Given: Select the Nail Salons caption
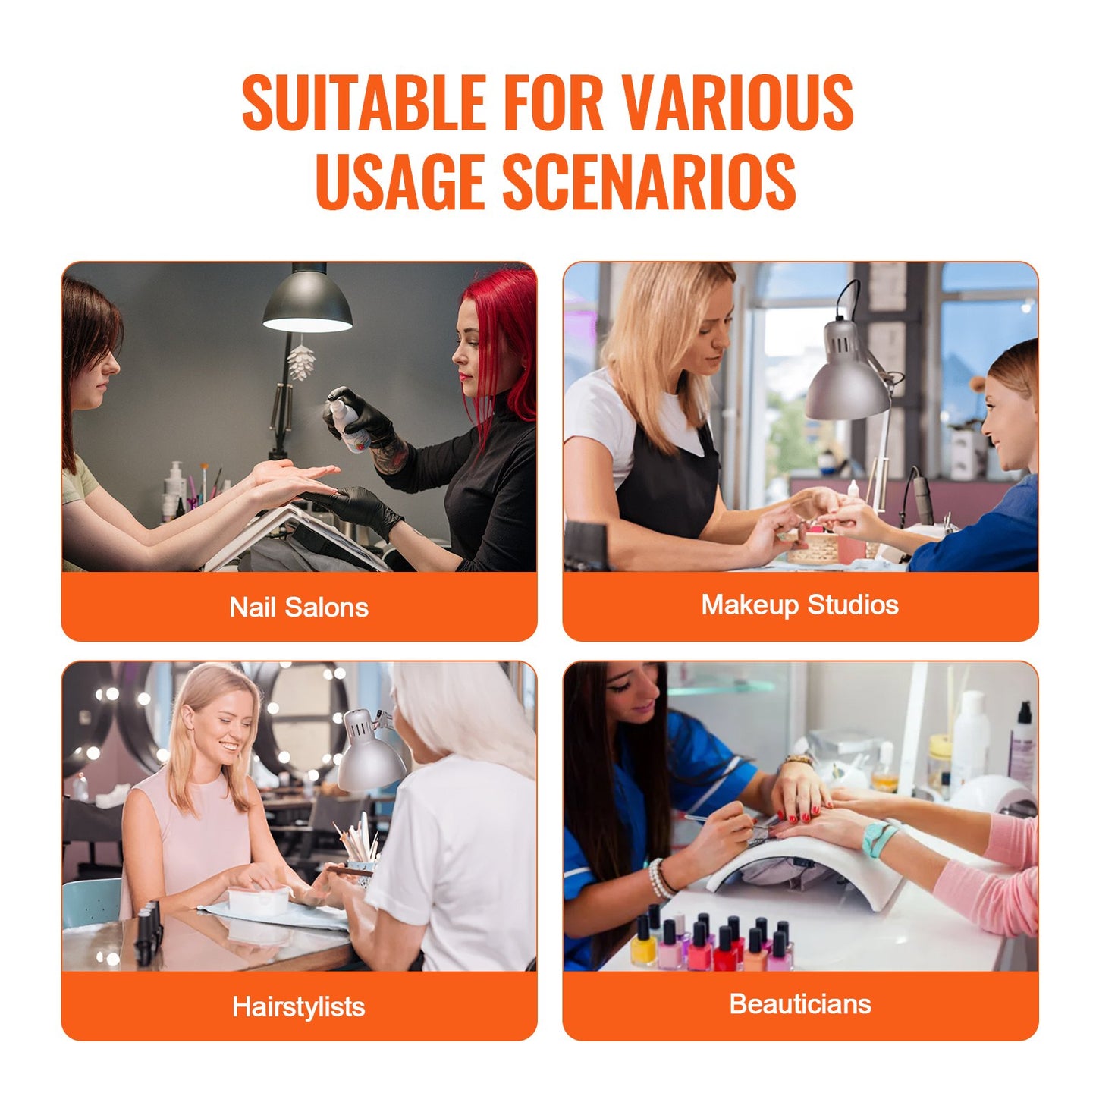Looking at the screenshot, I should pos(299,607).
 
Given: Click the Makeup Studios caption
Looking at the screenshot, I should pos(799,605).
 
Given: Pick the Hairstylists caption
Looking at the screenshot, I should pos(299,1006).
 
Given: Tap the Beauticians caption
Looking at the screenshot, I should pos(799,1003).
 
